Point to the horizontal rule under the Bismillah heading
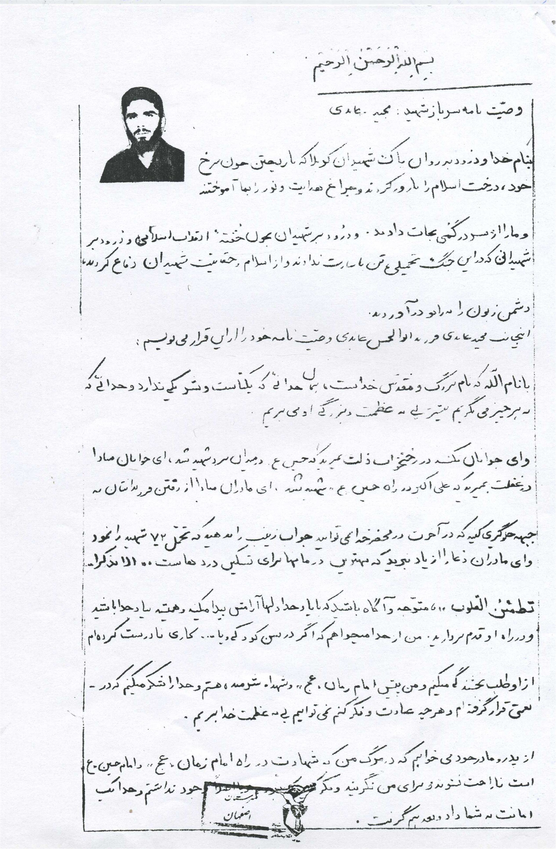click(424, 94)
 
